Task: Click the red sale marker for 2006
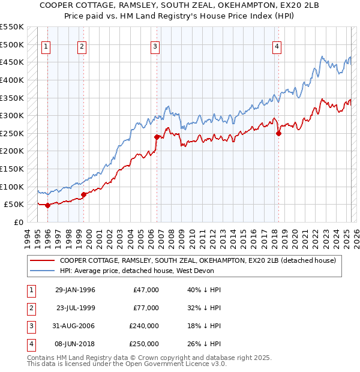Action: (157, 137)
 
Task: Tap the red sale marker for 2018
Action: (278, 133)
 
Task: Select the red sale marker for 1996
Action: (47, 205)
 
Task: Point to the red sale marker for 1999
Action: (83, 194)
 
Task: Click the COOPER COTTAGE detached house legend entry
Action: (201, 260)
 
